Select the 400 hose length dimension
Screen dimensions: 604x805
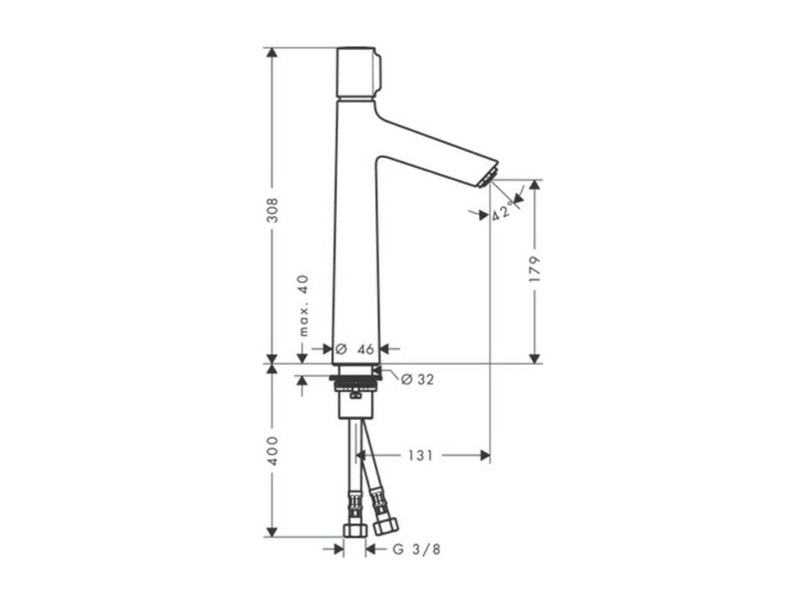272,450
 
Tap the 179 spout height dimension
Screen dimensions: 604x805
535,270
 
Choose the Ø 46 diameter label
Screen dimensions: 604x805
355,349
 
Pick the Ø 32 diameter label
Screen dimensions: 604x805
417,379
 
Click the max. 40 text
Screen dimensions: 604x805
303,306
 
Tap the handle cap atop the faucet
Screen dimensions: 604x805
358,72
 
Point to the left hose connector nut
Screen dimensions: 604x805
355,529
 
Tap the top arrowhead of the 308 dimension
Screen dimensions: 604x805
272,53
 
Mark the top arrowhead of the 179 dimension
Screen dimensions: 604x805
535,185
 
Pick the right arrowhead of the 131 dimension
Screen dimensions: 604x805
484,455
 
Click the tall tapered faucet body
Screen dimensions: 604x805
356,236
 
